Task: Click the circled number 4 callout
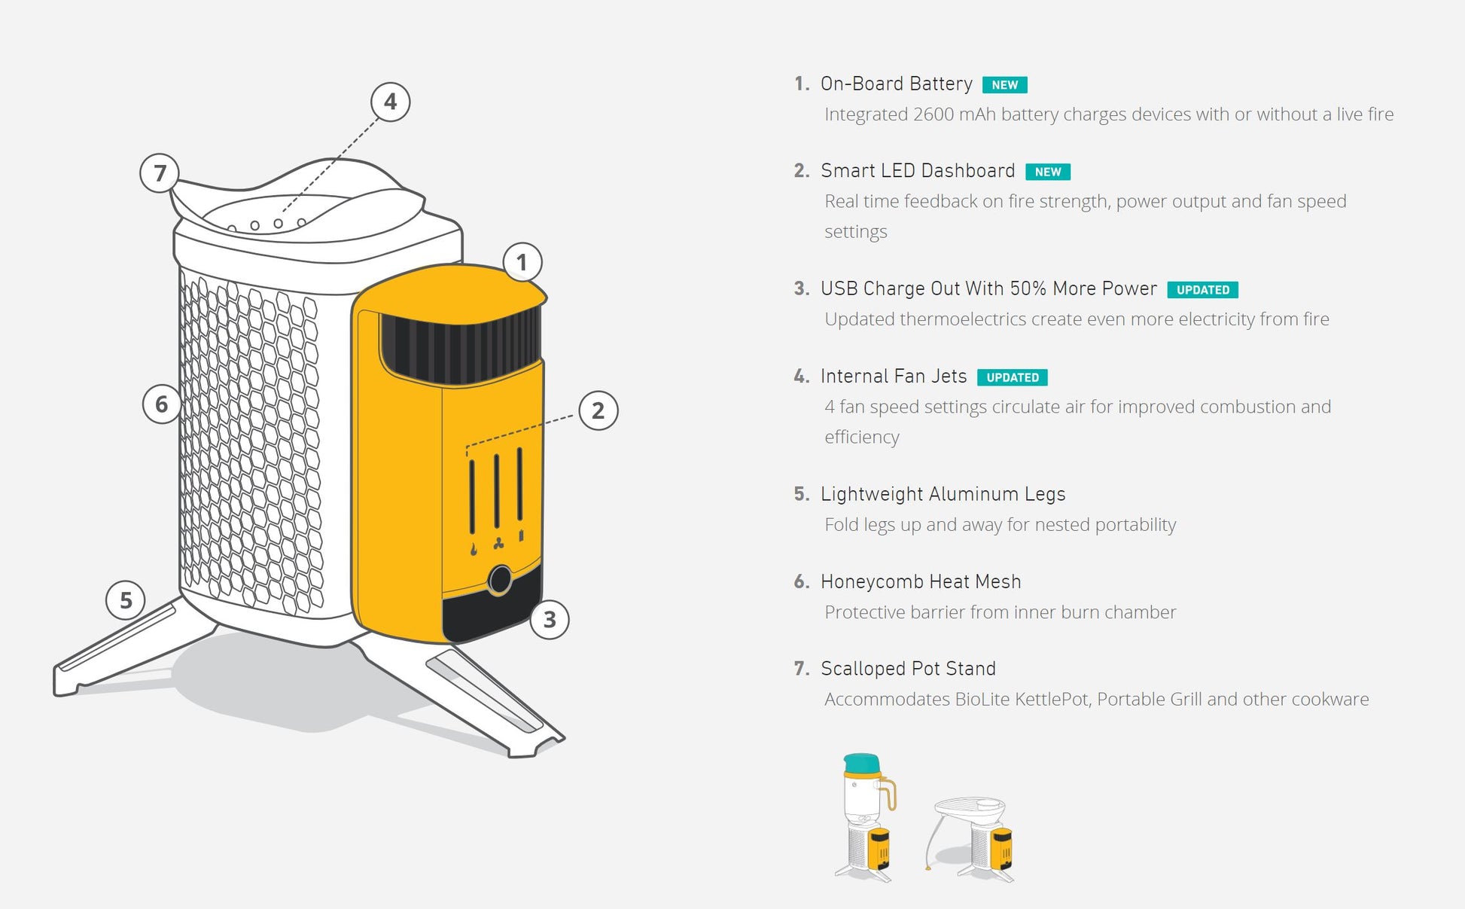[x=390, y=102]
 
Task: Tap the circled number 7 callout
[x=160, y=173]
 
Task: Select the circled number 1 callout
[x=522, y=262]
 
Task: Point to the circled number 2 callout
[x=598, y=410]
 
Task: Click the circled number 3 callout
[x=550, y=619]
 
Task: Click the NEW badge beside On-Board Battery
[x=1004, y=85]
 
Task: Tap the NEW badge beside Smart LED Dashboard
[x=1047, y=172]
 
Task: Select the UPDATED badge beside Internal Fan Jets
[x=1012, y=377]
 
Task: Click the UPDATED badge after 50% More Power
[x=1202, y=290]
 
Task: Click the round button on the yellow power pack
[x=500, y=580]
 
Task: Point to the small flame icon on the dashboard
[x=474, y=549]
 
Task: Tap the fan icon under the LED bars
[x=498, y=543]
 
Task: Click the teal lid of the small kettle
[x=862, y=764]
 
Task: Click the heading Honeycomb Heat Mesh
[x=921, y=581]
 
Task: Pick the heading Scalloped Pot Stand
[x=908, y=669]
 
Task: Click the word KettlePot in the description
[x=1051, y=700]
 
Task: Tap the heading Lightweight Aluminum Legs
[x=943, y=494]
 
